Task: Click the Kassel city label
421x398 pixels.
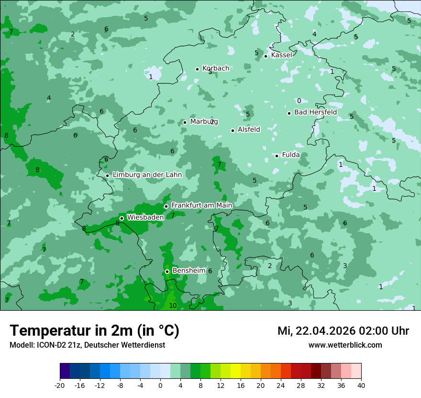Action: coord(281,55)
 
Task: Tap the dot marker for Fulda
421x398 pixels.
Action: coord(277,156)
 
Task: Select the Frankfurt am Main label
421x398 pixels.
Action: coord(201,205)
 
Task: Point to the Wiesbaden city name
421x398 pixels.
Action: coord(145,217)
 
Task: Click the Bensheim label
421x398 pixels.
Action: coord(188,270)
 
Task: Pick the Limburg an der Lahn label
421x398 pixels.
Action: coord(147,175)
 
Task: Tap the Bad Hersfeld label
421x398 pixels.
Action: coord(315,112)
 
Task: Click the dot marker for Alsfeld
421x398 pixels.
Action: coord(233,130)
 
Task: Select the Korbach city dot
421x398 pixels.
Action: coord(197,69)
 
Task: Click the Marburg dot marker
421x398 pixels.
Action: coord(185,122)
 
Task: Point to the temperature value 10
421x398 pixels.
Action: coord(173,305)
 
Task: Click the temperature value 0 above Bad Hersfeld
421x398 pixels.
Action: coord(299,101)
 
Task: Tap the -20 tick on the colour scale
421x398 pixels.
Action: coord(60,385)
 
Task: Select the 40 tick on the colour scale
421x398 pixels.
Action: coord(361,385)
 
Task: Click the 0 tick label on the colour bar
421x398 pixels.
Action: coord(160,385)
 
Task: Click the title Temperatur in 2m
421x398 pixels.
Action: coord(94,330)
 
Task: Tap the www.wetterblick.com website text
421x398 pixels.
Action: coord(345,345)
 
